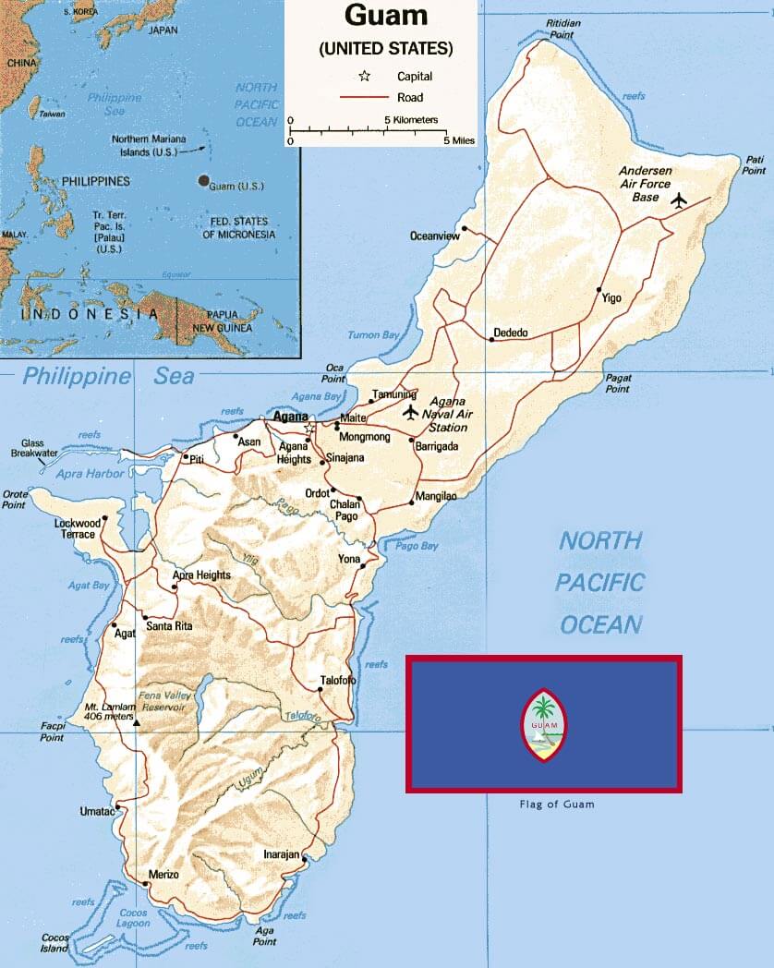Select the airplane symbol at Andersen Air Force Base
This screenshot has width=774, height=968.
pyautogui.click(x=680, y=200)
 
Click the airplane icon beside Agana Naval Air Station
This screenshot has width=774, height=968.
pyautogui.click(x=411, y=411)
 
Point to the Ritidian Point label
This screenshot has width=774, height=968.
pyautogui.click(x=566, y=28)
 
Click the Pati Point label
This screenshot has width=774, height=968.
pyautogui.click(x=754, y=164)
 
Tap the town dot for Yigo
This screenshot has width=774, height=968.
pyautogui.click(x=600, y=289)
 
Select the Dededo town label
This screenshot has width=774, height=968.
pyautogui.click(x=511, y=333)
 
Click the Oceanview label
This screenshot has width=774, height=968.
pyautogui.click(x=434, y=236)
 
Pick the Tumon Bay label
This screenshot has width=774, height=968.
pyautogui.click(x=377, y=334)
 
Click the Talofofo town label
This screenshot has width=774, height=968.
pyautogui.click(x=338, y=681)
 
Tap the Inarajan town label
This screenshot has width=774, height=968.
pyautogui.click(x=281, y=855)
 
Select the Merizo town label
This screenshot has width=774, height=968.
pyautogui.click(x=163, y=874)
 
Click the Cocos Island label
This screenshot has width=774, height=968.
pyautogui.click(x=54, y=943)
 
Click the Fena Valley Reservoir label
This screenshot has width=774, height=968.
pyautogui.click(x=162, y=700)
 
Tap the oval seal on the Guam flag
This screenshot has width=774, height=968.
pyautogui.click(x=544, y=724)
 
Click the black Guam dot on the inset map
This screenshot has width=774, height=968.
pyautogui.click(x=202, y=181)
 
